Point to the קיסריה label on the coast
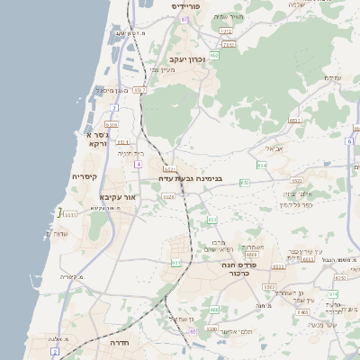(90, 177)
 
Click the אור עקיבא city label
(118, 195)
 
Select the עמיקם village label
(332, 77)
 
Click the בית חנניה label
(131, 153)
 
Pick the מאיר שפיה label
(235, 16)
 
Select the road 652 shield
(212, 220)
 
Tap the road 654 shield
(262, 165)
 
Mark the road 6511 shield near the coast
(68, 215)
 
